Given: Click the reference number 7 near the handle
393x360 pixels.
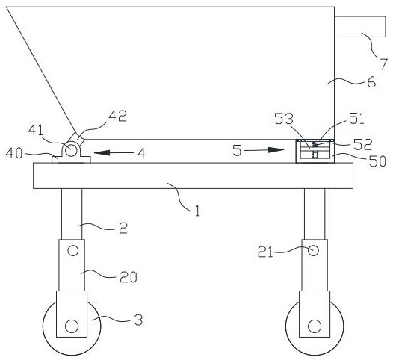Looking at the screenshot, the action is (383, 63).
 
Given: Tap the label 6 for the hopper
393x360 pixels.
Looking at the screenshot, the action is (371, 82).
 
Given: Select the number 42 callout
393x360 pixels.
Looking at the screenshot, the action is (117, 116).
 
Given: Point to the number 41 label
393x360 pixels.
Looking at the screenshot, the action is (36, 130).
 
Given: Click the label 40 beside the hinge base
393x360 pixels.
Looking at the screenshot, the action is (14, 153).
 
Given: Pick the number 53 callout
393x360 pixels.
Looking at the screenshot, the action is (284, 119).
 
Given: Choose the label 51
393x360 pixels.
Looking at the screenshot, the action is (356, 119).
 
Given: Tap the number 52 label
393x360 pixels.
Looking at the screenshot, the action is (362, 145).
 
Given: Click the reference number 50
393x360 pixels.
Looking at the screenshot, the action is (377, 161).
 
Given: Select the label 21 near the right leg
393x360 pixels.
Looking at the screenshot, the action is (265, 252).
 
